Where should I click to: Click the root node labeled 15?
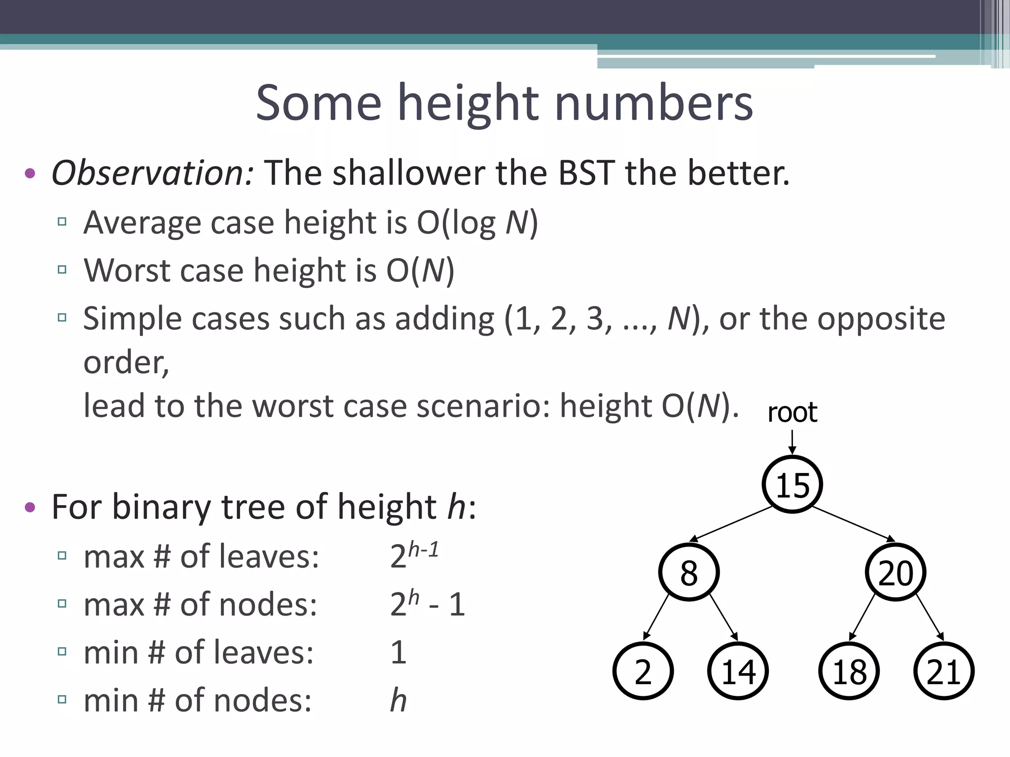[792, 485]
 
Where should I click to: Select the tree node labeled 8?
[689, 573]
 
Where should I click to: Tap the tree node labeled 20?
[895, 573]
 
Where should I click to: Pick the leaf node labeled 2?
[643, 671]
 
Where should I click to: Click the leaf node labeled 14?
[738, 671]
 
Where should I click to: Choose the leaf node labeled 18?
[849, 671]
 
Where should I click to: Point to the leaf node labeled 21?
[943, 671]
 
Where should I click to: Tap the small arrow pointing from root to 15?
[792, 442]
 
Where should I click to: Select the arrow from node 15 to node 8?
[731, 524]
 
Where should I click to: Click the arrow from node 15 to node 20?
[854, 524]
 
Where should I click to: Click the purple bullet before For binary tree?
[30, 507]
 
